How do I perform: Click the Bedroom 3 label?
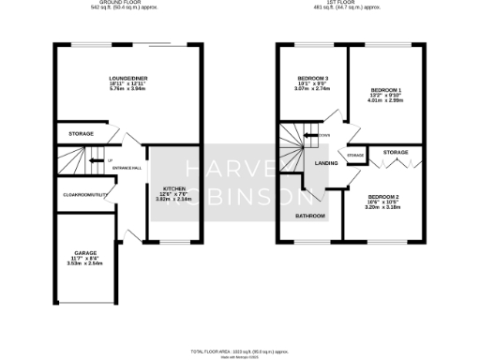[313, 79]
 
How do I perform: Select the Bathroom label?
[310, 216]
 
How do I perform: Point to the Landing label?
[326, 163]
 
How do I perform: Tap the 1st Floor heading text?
[347, 4]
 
